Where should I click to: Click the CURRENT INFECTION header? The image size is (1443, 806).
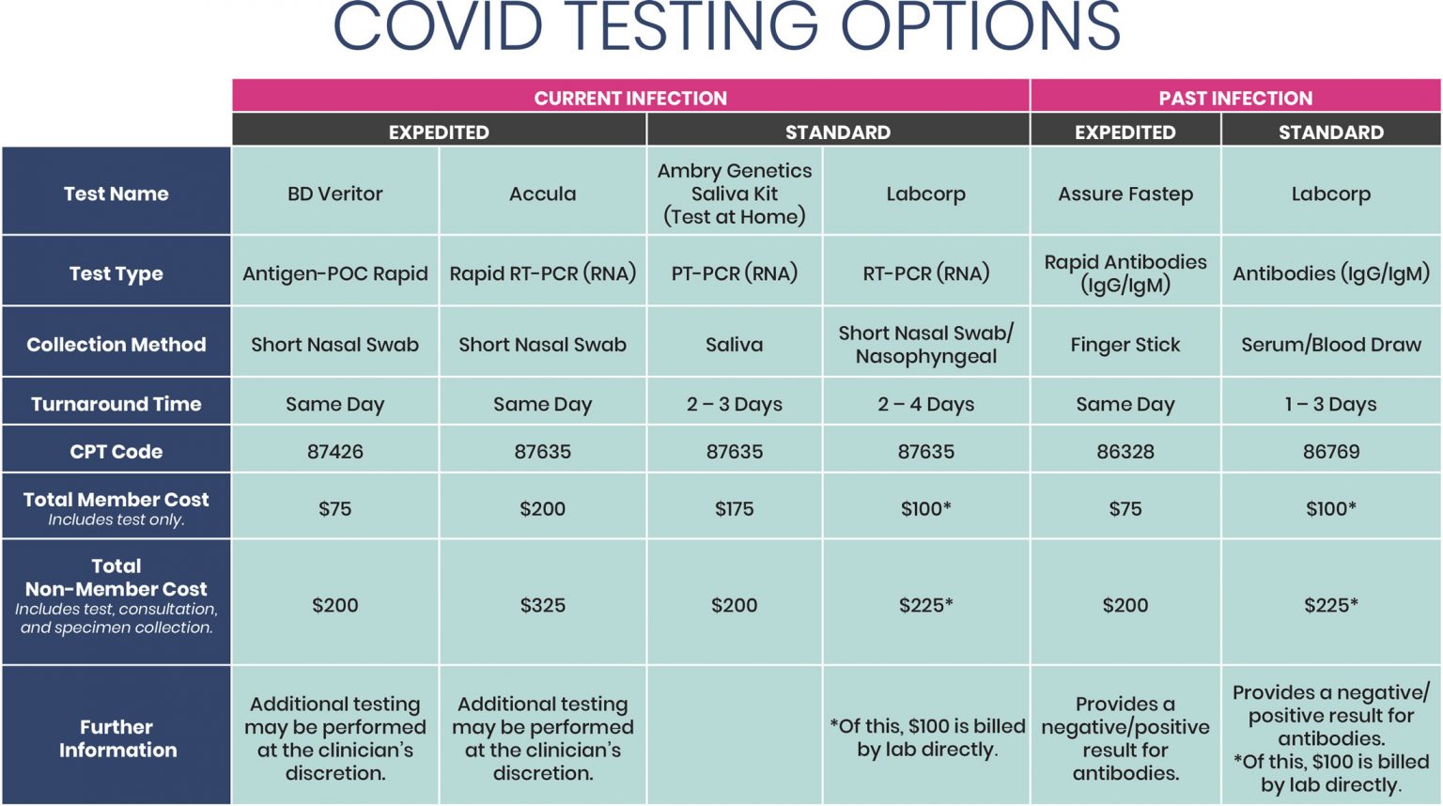tap(630, 98)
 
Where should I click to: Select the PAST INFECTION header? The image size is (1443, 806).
tap(1234, 98)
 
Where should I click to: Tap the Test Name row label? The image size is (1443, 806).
tap(116, 194)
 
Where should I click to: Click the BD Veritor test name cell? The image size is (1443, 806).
tap(335, 194)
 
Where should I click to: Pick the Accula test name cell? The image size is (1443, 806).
tap(542, 194)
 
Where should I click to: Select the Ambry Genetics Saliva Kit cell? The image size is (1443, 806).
tap(735, 194)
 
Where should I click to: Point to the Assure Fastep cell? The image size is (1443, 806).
tap(1125, 194)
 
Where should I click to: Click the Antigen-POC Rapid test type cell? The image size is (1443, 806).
tap(335, 273)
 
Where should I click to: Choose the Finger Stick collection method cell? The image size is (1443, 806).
tap(1125, 345)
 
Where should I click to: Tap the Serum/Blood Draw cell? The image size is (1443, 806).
tap(1330, 345)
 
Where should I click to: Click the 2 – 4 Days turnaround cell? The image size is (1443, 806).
tap(925, 404)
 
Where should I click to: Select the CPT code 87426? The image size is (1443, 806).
tap(335, 452)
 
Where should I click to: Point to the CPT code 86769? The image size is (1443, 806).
tap(1330, 452)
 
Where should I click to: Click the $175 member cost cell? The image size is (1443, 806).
tap(735, 509)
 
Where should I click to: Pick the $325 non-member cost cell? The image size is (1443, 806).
tap(542, 606)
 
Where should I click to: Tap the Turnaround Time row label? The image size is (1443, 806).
tap(116, 404)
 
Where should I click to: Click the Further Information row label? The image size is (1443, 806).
tap(117, 738)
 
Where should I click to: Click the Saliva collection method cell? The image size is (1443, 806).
tap(735, 345)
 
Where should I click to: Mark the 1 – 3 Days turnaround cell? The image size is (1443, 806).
tap(1330, 404)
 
